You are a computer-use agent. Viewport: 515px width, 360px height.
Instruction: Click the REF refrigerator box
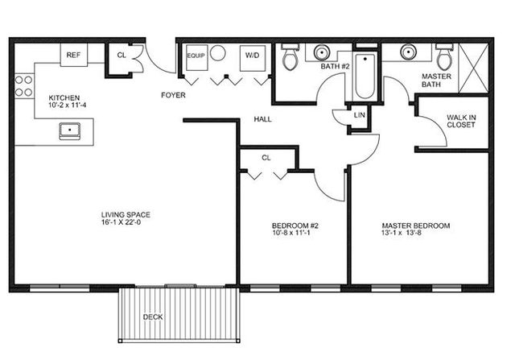coord(74,55)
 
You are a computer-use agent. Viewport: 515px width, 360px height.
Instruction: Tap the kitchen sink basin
coord(70,130)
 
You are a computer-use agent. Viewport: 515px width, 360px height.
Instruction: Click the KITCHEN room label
coord(64,97)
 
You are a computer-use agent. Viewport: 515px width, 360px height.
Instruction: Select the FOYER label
coord(173,95)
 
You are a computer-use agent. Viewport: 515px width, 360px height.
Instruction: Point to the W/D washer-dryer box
coord(252,58)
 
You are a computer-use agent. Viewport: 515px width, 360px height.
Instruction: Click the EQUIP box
coord(196,57)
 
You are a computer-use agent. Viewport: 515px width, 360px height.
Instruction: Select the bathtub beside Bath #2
coord(365,77)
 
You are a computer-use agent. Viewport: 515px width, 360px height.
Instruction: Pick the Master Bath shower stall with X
coord(473,68)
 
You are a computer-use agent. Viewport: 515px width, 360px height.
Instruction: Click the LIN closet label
coord(360,115)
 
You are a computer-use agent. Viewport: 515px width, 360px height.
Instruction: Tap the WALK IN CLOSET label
coord(461,121)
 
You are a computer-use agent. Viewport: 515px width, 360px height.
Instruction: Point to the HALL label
coord(263,119)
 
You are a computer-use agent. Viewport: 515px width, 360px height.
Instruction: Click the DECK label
coord(153,317)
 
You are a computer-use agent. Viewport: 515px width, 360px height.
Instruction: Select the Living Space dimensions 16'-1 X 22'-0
coord(122,222)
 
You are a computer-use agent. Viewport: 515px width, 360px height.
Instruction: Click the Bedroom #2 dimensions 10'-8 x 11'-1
coord(291,233)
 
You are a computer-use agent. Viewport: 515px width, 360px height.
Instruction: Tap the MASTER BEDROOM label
coord(416,226)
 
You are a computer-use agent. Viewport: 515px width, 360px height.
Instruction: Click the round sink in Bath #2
coord(322,52)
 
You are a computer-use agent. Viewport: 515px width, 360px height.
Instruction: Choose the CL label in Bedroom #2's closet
coord(266,158)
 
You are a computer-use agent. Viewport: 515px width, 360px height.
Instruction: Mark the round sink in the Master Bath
coord(408,52)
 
